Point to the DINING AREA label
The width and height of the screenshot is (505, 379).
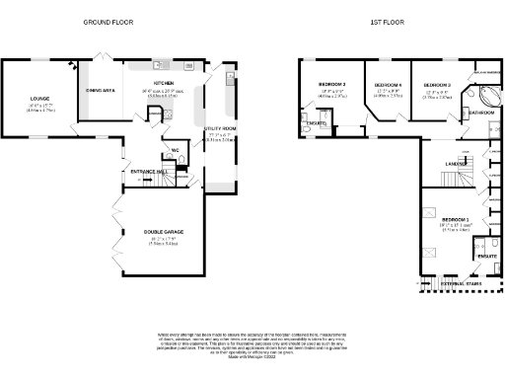pyautogui.click(x=101, y=90)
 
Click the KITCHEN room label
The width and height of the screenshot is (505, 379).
pyautogui.click(x=164, y=83)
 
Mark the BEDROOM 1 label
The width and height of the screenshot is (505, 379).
pyautogui.click(x=455, y=219)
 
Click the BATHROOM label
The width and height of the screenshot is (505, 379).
pyautogui.click(x=481, y=114)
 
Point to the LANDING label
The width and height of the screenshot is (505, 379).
pyautogui.click(x=457, y=164)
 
